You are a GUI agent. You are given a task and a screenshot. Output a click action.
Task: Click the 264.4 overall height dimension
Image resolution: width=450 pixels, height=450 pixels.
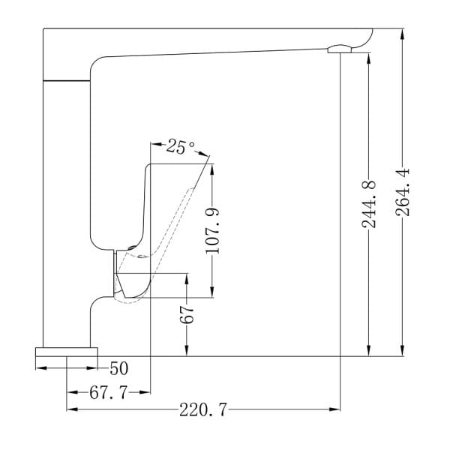click(x=402, y=192)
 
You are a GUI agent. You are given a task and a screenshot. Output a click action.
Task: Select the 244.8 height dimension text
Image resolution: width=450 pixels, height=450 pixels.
click(x=369, y=204)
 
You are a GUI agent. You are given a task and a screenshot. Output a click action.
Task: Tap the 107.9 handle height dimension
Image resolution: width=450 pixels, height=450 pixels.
click(x=213, y=231)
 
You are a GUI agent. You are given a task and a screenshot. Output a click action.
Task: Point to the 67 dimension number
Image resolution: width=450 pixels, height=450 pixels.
click(x=187, y=315)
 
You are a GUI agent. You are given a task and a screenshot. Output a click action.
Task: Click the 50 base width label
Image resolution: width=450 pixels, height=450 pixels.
click(x=118, y=368)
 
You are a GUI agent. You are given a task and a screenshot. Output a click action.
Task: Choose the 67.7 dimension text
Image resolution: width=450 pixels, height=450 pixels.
click(x=108, y=392)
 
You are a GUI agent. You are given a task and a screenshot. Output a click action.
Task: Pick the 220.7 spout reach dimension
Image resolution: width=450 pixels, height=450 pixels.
click(x=203, y=409)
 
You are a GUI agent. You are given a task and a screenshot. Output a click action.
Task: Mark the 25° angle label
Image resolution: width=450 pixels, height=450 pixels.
click(x=180, y=147)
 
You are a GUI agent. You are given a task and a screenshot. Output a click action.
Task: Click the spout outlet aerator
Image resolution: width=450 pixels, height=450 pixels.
click(x=340, y=49)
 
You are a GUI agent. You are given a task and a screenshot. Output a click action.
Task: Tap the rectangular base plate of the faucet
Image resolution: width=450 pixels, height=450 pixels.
click(x=67, y=352)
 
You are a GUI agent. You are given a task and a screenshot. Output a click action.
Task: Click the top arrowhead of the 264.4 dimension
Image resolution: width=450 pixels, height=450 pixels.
click(x=402, y=34)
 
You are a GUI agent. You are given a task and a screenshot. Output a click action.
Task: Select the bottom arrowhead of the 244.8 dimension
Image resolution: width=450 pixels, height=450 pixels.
click(x=369, y=350)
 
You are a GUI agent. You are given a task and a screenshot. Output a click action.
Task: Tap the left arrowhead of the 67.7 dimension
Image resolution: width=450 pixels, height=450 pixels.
click(x=73, y=392)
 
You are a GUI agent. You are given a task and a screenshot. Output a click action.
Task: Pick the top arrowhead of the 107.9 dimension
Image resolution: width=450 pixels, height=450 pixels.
click(x=212, y=170)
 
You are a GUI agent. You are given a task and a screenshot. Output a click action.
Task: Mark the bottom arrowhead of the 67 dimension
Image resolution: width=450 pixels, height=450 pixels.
click(x=187, y=350)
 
